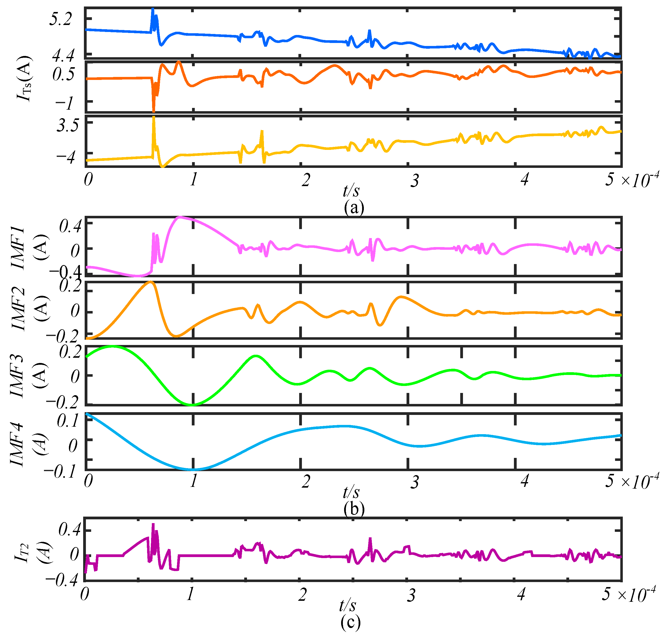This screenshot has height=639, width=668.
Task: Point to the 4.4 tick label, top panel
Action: click(x=63, y=55)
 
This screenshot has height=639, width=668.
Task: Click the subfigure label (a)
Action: click(x=354, y=207)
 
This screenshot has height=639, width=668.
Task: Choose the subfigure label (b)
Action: click(x=354, y=509)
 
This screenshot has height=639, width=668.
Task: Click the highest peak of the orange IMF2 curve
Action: click(x=150, y=282)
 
